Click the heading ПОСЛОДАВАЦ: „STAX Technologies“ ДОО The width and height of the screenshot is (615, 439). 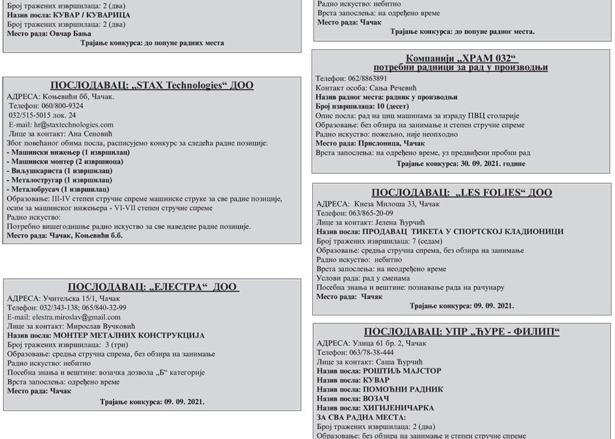click(x=152, y=85)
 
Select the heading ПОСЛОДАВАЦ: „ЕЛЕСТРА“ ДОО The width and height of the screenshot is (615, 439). click(x=153, y=287)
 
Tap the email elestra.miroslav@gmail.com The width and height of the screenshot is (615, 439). click(x=76, y=317)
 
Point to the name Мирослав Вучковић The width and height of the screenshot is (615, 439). click(x=105, y=327)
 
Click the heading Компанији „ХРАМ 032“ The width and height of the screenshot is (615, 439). click(x=460, y=58)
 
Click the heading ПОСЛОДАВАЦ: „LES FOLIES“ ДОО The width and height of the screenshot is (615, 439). click(x=461, y=193)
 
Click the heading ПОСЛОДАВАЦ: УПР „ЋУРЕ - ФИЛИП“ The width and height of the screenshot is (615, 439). click(x=461, y=332)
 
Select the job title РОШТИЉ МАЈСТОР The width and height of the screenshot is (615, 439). click(x=400, y=371)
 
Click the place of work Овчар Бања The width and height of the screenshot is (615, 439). click(x=70, y=33)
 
